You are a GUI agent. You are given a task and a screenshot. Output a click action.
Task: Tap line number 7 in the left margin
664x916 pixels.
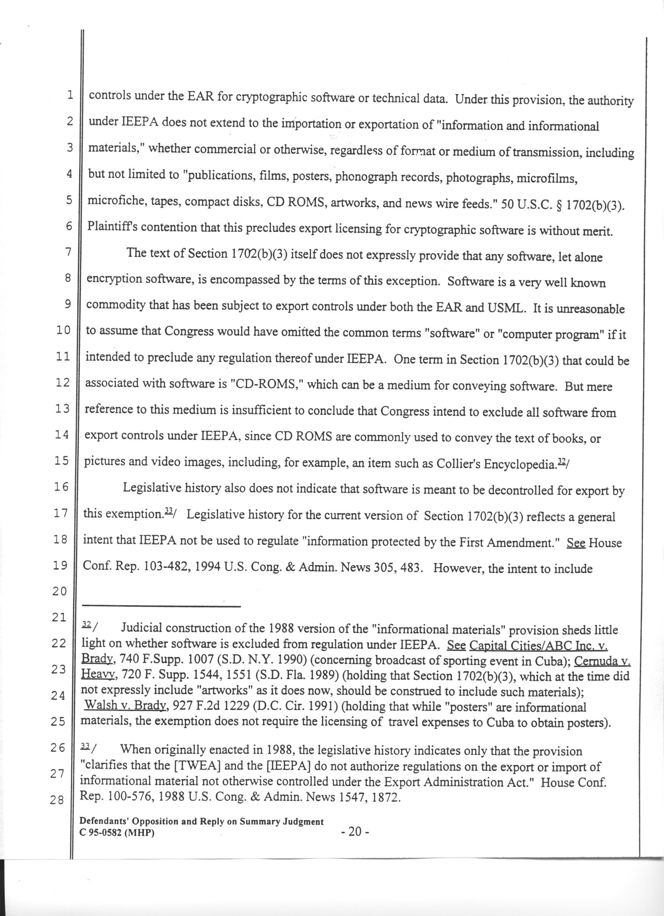click(68, 252)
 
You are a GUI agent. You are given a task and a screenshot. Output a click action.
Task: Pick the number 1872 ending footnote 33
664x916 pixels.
click(383, 796)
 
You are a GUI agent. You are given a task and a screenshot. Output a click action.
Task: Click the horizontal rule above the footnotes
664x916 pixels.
click(161, 606)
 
